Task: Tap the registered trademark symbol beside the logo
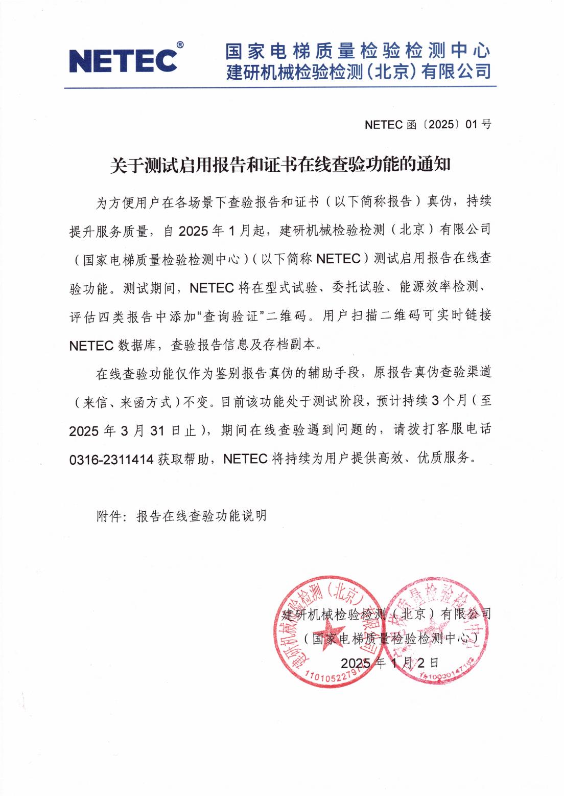pyautogui.click(x=180, y=46)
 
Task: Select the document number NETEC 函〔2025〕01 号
pyautogui.click(x=428, y=125)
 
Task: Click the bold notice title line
pyautogui.click(x=280, y=165)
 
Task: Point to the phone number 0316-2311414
pyautogui.click(x=111, y=460)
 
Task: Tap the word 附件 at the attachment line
pyautogui.click(x=109, y=516)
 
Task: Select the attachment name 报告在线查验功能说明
pyautogui.click(x=201, y=516)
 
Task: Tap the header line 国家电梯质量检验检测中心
pyautogui.click(x=358, y=51)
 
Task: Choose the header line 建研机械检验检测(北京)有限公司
pyautogui.click(x=358, y=72)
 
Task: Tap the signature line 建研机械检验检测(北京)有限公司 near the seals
pyautogui.click(x=386, y=613)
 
